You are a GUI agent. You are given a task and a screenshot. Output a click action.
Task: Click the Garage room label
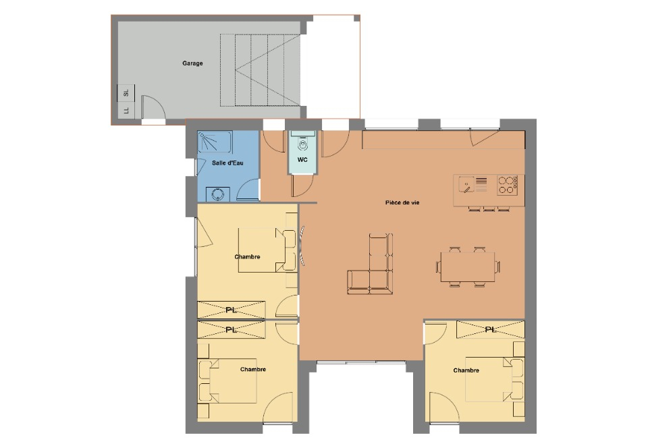192,63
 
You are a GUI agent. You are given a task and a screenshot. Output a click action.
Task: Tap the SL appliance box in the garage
126,93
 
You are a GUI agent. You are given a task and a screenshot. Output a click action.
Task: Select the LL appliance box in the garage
126,110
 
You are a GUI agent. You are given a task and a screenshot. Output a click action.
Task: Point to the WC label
302,160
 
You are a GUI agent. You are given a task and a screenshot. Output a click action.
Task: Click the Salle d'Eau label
227,163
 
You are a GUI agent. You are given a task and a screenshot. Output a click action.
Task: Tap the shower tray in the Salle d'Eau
215,142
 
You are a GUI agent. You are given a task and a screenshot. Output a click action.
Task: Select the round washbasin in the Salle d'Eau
218,194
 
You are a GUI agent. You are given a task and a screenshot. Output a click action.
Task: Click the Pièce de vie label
402,202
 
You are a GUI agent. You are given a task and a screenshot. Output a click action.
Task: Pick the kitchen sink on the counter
466,185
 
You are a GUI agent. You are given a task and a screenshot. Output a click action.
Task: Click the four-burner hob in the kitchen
508,185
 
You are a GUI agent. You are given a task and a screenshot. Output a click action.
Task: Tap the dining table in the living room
468,267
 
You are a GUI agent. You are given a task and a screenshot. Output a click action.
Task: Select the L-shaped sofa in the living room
370,264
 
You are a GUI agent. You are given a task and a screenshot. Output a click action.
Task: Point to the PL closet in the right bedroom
491,329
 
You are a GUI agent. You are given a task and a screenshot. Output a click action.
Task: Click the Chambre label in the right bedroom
466,370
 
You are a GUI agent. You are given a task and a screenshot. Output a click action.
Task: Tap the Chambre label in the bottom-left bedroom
253,369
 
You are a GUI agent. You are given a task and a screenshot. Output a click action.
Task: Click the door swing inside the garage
153,107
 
